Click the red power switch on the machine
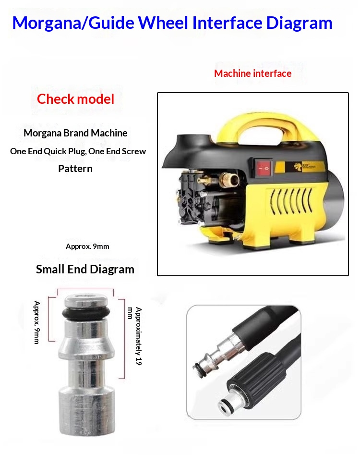click(x=263, y=167)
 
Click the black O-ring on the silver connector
click(x=86, y=313)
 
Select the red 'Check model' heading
click(x=75, y=99)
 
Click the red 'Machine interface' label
click(x=253, y=74)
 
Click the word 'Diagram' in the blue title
click(x=299, y=23)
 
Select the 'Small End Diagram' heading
click(x=85, y=269)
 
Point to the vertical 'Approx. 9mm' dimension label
click(x=37, y=322)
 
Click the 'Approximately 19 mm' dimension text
click(x=135, y=336)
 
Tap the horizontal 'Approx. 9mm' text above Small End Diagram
click(x=87, y=246)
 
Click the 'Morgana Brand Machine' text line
click(x=75, y=133)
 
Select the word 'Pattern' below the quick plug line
click(x=75, y=169)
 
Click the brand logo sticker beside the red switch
click(x=304, y=167)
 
